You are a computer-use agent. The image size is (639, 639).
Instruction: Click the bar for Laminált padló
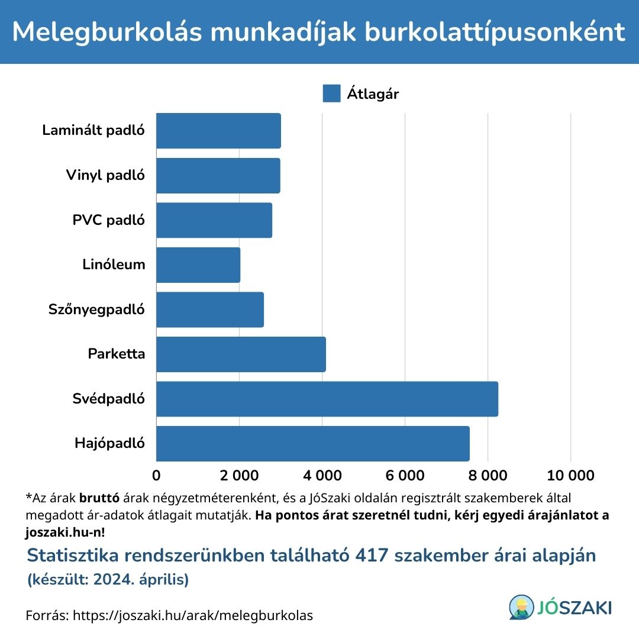(218, 131)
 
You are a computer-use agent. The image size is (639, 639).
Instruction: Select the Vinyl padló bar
(218, 175)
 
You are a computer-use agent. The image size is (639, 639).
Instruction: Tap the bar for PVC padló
(214, 220)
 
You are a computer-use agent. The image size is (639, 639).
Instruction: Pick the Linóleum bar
(198, 264)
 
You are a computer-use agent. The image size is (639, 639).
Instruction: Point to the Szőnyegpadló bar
(210, 309)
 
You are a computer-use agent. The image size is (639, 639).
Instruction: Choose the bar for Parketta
(241, 354)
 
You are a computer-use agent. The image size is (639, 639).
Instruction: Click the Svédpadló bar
(327, 399)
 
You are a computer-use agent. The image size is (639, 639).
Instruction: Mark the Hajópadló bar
(313, 444)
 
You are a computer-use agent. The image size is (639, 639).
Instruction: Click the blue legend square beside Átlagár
(331, 93)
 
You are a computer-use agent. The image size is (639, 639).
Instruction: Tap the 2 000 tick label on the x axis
(240, 476)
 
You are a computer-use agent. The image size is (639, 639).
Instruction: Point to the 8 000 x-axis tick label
(488, 476)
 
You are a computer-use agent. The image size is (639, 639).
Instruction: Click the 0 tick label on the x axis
(157, 476)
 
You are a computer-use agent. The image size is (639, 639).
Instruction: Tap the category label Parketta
(116, 354)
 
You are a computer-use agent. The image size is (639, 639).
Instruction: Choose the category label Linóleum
(114, 264)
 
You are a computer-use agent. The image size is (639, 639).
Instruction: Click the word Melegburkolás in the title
(106, 32)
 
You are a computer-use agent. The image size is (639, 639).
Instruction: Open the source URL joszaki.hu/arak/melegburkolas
(192, 615)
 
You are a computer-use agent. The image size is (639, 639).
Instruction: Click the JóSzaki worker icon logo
(521, 607)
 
